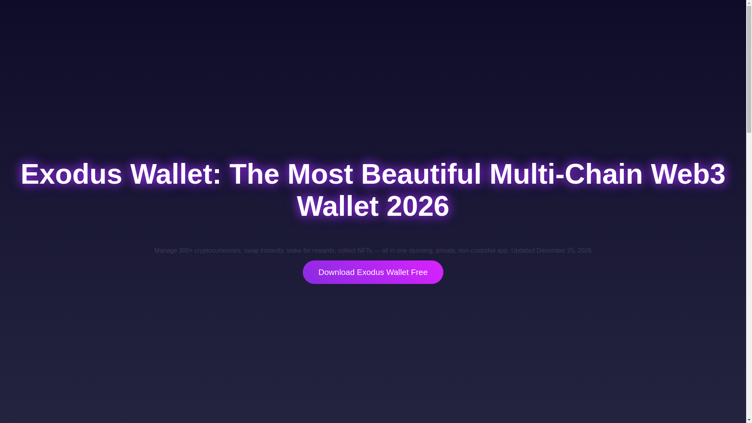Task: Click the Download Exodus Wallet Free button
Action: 372,272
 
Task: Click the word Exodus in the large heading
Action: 71,174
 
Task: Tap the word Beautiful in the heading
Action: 421,174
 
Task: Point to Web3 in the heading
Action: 688,174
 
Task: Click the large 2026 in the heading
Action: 418,206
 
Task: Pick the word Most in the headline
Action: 320,174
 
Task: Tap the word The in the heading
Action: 254,174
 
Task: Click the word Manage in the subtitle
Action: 165,251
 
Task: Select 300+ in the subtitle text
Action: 186,251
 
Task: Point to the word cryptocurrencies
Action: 217,251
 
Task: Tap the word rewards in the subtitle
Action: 323,251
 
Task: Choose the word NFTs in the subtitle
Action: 364,251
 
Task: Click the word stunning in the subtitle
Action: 420,251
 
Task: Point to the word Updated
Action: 522,251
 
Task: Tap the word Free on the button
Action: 419,272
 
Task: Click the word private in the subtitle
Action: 445,251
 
